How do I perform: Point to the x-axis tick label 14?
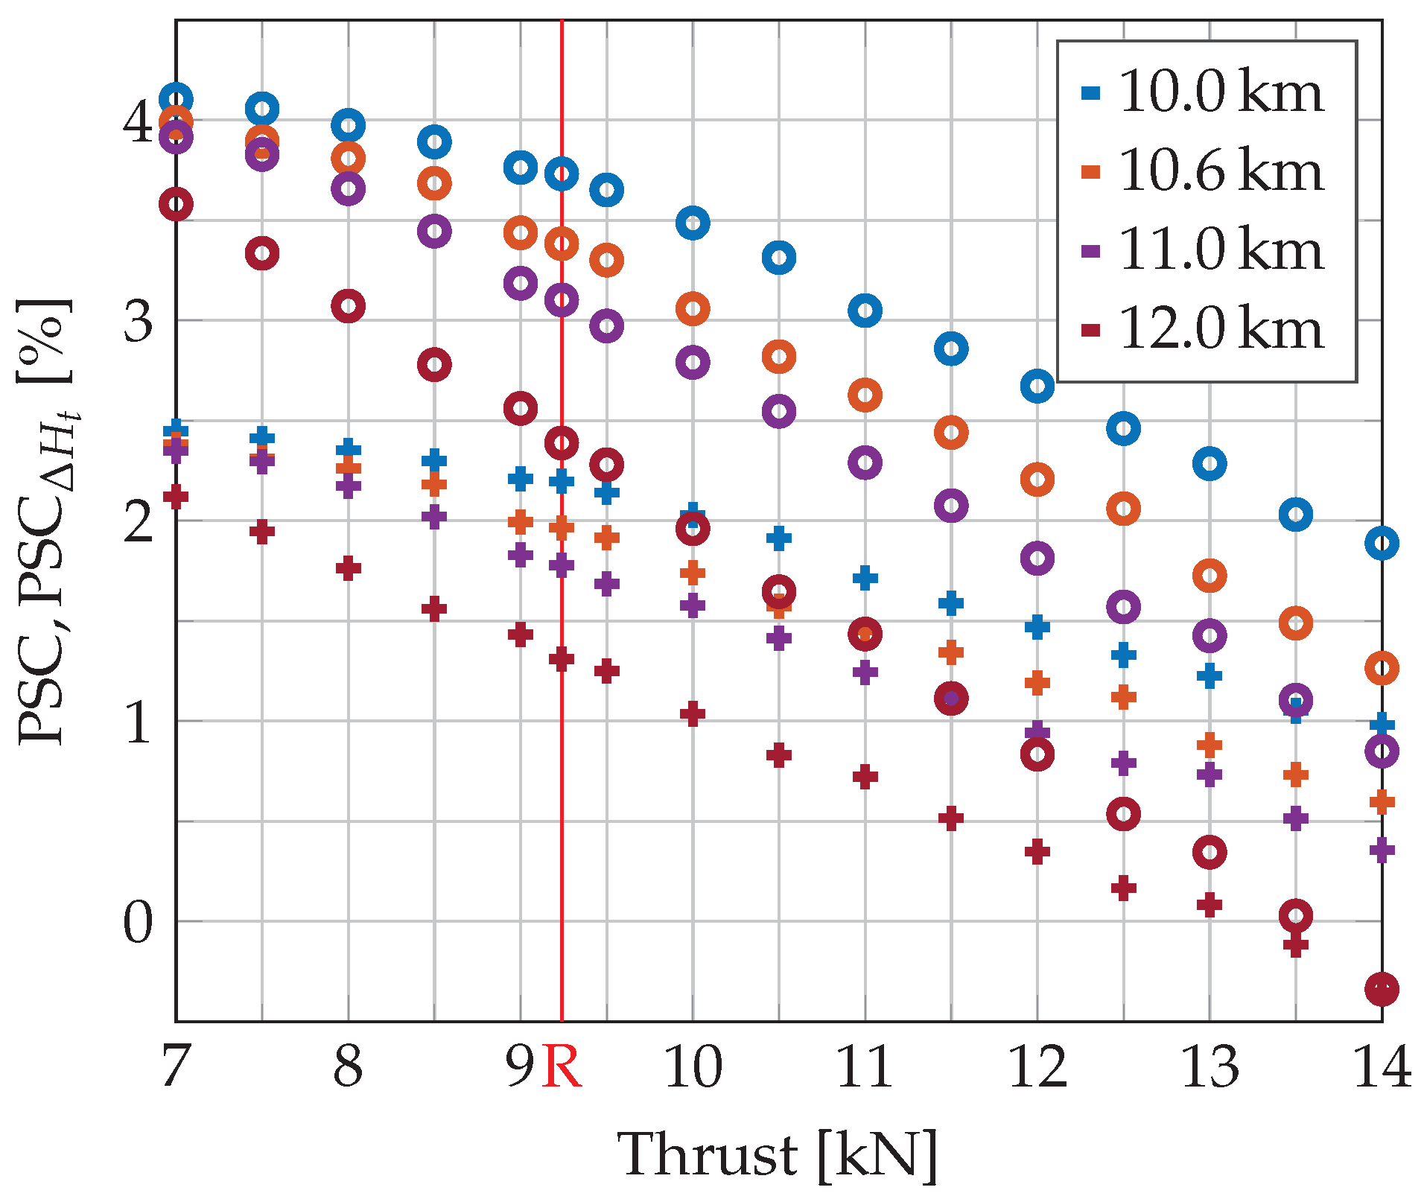coord(1382,1066)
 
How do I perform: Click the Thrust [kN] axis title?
coord(778,1154)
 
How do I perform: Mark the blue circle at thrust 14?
coord(1382,544)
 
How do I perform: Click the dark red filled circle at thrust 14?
coord(1382,989)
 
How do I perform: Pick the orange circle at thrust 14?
coord(1382,668)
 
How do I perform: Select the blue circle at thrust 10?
coord(693,223)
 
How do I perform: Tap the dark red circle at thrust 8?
coord(348,306)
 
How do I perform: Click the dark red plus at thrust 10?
coord(693,713)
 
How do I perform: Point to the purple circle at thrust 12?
coord(1037,558)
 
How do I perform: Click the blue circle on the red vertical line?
coord(562,174)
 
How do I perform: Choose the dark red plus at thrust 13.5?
coord(1296,946)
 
